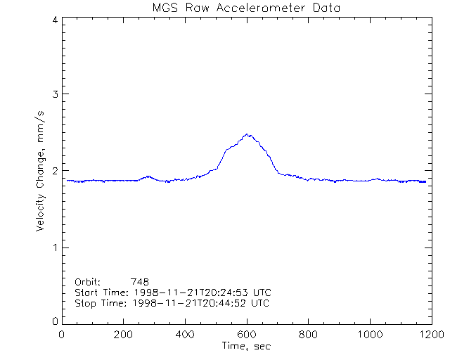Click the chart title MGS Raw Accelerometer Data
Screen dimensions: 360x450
click(x=246, y=8)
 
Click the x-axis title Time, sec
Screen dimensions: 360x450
click(x=246, y=346)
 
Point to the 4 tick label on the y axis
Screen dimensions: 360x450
click(x=54, y=20)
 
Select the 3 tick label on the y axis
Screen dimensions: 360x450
click(x=54, y=94)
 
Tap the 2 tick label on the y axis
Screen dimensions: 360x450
click(x=54, y=171)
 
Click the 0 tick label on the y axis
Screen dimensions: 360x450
click(x=54, y=321)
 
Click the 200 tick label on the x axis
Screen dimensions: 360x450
click(x=124, y=335)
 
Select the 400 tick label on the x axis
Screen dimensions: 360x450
click(x=185, y=335)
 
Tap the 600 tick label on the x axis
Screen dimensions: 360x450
click(x=246, y=335)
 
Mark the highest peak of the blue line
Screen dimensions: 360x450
click(x=247, y=134)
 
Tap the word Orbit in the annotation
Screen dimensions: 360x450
click(x=87, y=281)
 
